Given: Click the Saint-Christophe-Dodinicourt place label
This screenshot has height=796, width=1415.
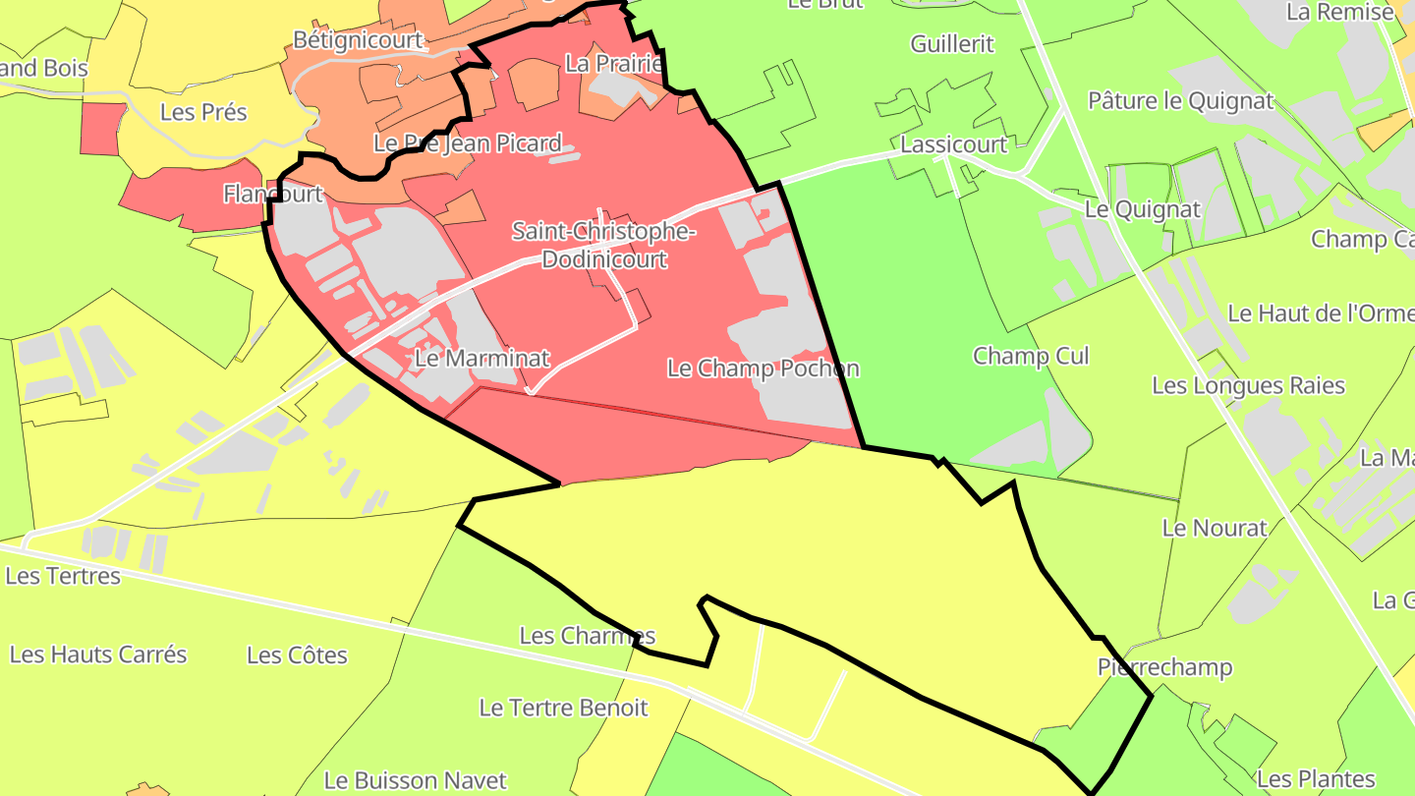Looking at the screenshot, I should tap(603, 246).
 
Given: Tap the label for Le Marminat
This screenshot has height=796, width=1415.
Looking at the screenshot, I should tap(481, 359).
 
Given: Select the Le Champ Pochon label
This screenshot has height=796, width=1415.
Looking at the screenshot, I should tap(764, 369).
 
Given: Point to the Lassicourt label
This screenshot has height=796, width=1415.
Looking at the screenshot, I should tap(954, 144).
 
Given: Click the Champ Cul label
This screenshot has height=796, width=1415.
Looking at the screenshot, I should tap(1031, 356).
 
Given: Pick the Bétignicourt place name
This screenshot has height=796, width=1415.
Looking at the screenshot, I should tap(358, 40).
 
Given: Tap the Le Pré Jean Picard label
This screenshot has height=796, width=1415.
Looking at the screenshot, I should tap(468, 143).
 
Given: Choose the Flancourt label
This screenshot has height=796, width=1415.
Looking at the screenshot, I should tap(273, 194).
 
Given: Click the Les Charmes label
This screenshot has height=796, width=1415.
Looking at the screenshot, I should tap(587, 636).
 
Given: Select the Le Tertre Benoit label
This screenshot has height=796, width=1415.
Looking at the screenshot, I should tap(563, 708).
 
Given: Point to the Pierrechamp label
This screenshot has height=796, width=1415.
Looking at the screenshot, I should tap(1164, 668).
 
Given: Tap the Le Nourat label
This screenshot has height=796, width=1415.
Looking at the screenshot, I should tap(1215, 528).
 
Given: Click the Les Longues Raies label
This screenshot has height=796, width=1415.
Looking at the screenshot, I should tap(1248, 385).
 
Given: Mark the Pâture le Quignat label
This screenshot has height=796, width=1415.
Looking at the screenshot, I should tap(1180, 100).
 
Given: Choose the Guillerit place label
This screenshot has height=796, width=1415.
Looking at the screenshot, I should tap(952, 44).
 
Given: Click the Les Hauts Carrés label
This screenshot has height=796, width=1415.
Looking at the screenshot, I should tap(98, 654).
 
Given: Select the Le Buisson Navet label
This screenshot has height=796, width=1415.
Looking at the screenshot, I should tap(416, 781).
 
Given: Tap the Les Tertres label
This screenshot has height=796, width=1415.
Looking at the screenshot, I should tap(63, 576).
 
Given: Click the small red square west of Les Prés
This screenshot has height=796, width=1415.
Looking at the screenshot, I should tap(101, 129).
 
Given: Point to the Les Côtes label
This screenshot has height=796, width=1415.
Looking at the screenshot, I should tap(297, 655).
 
